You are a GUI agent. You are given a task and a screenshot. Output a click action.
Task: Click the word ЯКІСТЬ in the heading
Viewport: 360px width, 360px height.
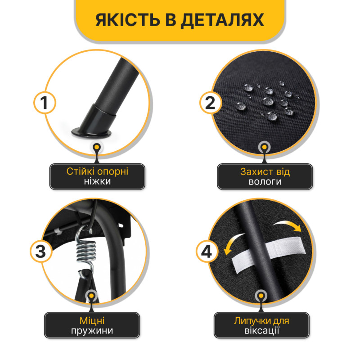128,20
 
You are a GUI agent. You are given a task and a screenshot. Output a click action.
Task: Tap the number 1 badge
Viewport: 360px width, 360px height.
45,103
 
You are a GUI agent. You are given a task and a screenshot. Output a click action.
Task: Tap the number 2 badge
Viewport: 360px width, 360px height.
211,103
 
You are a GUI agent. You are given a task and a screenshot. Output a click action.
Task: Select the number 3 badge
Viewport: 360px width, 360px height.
41,252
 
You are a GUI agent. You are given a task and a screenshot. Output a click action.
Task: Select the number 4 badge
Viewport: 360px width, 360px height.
207,252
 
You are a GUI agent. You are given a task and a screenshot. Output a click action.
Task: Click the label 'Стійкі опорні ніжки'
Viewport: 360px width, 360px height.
97,176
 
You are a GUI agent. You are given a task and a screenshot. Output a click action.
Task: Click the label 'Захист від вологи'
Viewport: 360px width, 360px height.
265,176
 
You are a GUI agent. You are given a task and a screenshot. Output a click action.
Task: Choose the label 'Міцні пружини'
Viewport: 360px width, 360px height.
92,325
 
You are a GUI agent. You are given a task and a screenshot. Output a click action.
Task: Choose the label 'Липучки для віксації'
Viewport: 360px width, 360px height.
261,325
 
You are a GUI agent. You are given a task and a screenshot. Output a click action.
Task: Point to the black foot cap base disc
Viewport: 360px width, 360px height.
91,133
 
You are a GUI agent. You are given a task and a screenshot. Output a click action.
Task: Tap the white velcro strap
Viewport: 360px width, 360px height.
269,252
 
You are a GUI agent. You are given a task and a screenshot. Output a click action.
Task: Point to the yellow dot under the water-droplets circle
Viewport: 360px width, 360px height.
265,147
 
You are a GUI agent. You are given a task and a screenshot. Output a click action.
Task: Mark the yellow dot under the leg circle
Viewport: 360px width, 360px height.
97,147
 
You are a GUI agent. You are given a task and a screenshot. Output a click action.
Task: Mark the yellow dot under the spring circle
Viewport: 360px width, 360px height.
92,296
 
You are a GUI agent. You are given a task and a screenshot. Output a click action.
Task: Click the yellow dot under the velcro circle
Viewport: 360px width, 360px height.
261,296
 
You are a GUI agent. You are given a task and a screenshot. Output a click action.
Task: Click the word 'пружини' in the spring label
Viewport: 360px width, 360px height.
92,331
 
